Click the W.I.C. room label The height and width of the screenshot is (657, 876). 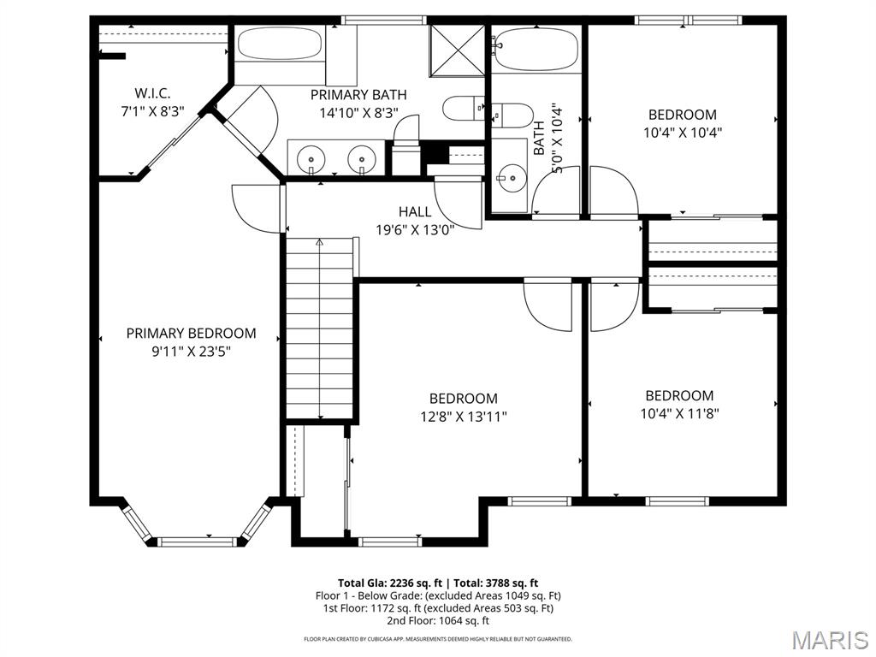coord(152,93)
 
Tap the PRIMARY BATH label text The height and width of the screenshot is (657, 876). coord(358,95)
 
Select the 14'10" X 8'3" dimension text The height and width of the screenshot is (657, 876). coord(358,113)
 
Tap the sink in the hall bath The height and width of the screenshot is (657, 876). coord(511,178)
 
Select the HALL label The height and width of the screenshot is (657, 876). coord(415,211)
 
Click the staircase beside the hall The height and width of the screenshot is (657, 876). coord(320,329)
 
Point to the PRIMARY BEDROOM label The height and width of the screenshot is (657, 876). coord(191,334)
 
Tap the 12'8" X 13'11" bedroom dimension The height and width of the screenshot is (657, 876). coord(463,417)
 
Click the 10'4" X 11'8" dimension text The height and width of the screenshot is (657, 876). coord(679,414)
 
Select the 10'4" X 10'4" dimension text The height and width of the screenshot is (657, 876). coord(682,133)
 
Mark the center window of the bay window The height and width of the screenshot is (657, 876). coord(198,540)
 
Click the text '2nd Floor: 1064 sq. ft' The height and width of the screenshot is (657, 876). coord(437,621)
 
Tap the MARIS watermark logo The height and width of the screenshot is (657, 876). coord(830,639)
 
